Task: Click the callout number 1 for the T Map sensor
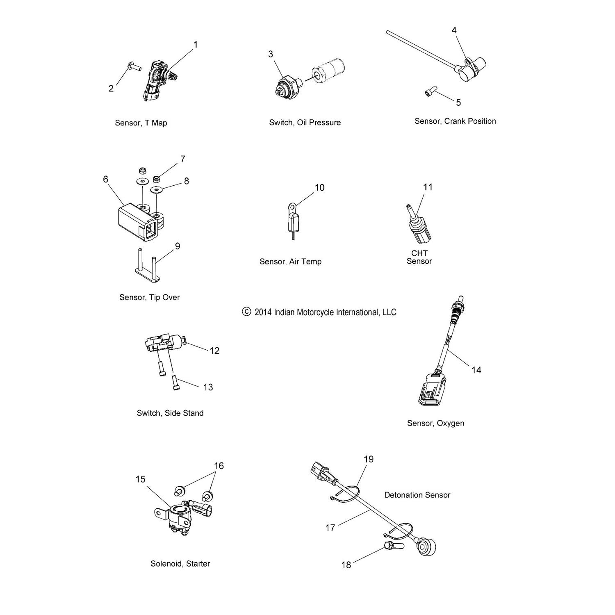click(196, 44)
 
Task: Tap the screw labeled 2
click(134, 65)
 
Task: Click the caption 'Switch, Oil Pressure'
click(305, 123)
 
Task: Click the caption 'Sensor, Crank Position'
click(455, 121)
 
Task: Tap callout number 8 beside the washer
click(187, 181)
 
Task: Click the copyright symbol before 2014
click(246, 312)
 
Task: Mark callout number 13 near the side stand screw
click(208, 387)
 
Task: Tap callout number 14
click(476, 370)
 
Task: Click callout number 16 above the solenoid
click(219, 466)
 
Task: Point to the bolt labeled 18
click(394, 546)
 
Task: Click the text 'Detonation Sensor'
click(417, 495)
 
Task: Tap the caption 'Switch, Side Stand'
click(170, 413)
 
